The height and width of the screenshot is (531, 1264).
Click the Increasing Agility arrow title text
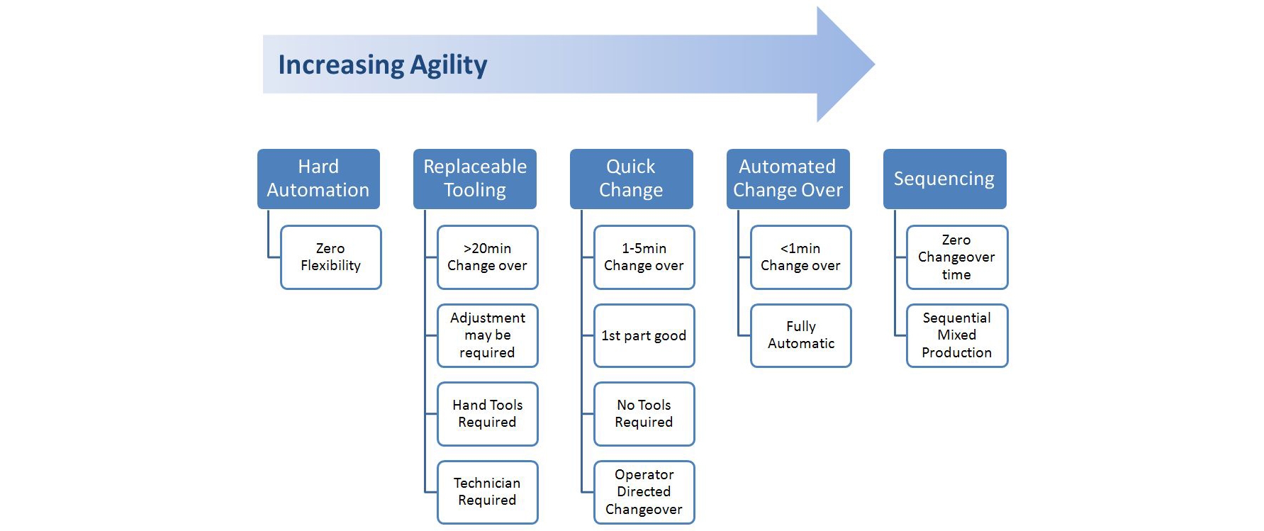click(x=382, y=65)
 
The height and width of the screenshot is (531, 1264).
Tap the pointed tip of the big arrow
click(x=875, y=65)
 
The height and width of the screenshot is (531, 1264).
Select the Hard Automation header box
click(x=318, y=179)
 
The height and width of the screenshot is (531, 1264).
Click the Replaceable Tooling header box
click(x=475, y=179)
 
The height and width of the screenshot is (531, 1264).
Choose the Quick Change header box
click(x=632, y=179)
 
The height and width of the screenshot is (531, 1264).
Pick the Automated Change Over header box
click(x=788, y=179)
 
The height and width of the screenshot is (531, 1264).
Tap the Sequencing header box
click(x=945, y=179)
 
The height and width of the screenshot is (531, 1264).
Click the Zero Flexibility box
click(x=331, y=257)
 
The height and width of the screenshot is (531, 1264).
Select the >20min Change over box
click(x=488, y=257)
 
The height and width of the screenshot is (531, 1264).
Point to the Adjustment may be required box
click(x=488, y=336)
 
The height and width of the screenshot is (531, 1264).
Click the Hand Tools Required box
click(x=488, y=414)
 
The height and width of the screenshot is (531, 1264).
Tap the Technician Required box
click(x=488, y=493)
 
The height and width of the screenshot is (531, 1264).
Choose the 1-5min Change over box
click(x=644, y=257)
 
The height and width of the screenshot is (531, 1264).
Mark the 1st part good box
click(x=644, y=336)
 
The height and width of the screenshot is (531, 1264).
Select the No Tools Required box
click(x=644, y=414)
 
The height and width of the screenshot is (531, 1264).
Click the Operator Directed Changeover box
click(x=644, y=493)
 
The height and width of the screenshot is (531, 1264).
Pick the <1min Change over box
click(x=801, y=257)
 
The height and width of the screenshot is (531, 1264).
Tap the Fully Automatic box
click(x=801, y=336)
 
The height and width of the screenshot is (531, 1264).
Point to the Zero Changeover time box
click(x=957, y=257)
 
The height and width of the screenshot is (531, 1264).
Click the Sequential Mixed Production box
click(x=957, y=336)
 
